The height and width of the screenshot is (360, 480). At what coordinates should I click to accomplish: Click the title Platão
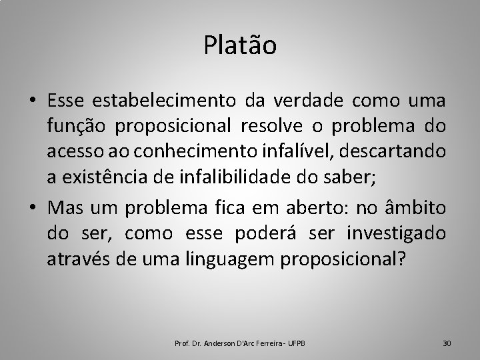tap(240, 46)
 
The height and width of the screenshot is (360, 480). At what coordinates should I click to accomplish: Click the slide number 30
tap(447, 343)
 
